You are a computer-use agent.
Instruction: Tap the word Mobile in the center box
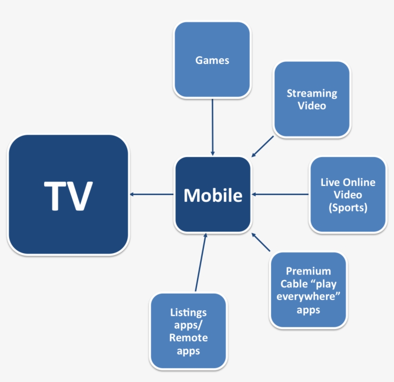(x=213, y=195)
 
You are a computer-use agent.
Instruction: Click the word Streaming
(x=312, y=93)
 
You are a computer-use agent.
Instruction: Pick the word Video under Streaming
(x=312, y=105)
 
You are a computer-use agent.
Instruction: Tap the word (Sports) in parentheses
(x=348, y=208)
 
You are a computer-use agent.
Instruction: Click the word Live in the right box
(x=330, y=183)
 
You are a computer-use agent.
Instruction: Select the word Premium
(x=308, y=271)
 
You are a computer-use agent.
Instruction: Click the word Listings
(x=188, y=313)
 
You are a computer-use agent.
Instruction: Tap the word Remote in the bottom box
(x=188, y=338)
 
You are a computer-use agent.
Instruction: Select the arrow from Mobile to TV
(x=151, y=194)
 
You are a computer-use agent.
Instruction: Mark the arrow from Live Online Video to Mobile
(x=280, y=194)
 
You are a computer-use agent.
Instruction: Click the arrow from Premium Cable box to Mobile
(x=262, y=243)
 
